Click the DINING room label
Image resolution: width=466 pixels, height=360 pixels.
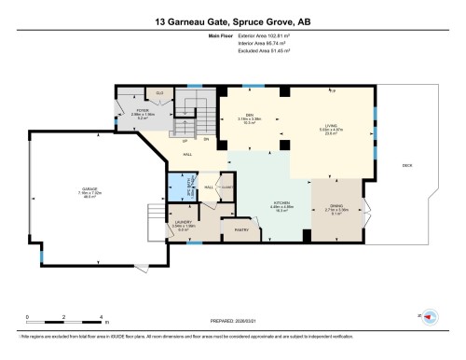pos(335,208)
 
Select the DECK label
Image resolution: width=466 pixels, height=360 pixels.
pos(406,165)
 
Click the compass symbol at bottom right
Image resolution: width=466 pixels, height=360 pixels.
pos(431,317)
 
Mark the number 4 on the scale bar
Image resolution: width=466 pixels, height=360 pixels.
pos(100,318)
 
